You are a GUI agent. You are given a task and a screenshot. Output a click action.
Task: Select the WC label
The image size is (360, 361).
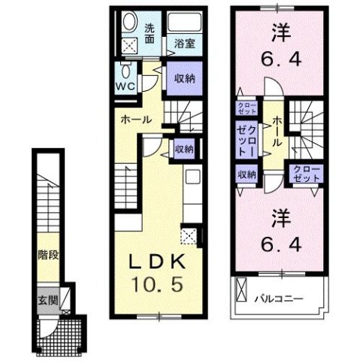coord(126,85)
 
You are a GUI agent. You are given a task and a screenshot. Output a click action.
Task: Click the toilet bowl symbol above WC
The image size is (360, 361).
coord(127,71)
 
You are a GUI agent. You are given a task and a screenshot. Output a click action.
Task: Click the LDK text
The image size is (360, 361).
coord(158,262)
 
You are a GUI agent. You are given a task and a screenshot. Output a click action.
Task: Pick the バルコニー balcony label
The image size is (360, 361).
coord(277,297)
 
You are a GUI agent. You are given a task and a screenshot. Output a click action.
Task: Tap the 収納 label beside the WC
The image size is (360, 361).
coord(183,80)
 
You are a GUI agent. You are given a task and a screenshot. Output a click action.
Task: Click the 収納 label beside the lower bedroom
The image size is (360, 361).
coord(248,174)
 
